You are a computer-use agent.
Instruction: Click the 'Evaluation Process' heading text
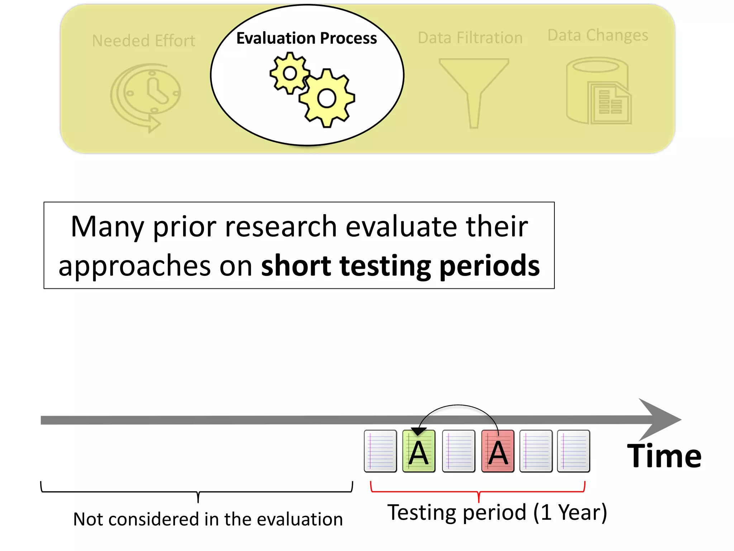click(306, 38)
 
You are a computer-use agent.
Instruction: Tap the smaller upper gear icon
click(290, 74)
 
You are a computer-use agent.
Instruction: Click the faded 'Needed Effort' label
click(143, 41)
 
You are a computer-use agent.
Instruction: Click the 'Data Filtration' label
click(470, 38)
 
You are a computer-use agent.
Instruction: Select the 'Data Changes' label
click(598, 35)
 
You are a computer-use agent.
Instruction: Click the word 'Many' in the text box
click(107, 227)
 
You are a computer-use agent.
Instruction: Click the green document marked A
click(419, 451)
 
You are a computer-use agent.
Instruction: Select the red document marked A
click(498, 451)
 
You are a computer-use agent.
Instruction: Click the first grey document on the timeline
click(380, 451)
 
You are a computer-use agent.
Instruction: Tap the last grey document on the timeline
click(573, 451)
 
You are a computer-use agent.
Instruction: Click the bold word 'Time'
click(664, 456)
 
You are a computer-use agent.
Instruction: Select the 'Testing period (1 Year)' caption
click(497, 512)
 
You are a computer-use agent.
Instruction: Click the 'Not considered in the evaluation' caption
click(208, 519)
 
